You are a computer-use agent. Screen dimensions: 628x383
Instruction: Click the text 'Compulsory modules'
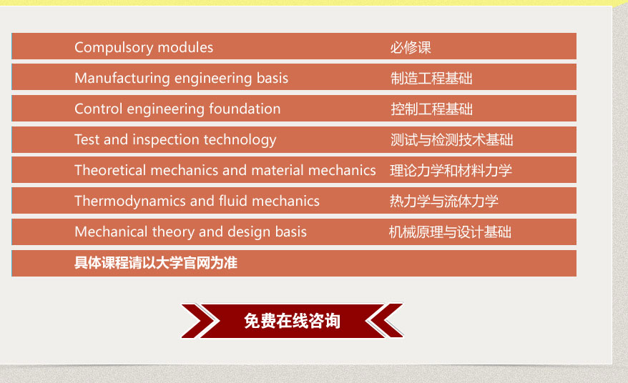[x=144, y=48]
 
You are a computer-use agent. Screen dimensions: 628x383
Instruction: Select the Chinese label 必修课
[x=411, y=48]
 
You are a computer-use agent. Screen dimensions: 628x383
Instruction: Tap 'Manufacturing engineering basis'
[x=182, y=79]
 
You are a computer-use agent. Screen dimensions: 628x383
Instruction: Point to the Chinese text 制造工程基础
[x=431, y=79]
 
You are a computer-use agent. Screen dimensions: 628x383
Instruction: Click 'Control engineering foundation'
[x=177, y=109]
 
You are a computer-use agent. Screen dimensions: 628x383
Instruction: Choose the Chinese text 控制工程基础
[x=431, y=109]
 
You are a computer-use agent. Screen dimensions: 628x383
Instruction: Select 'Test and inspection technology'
[x=175, y=140]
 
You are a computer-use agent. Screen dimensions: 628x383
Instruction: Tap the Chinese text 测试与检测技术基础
[x=451, y=139]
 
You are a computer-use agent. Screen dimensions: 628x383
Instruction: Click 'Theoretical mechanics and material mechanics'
[x=225, y=171]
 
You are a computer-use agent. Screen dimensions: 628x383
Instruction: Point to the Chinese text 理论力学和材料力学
[x=451, y=171]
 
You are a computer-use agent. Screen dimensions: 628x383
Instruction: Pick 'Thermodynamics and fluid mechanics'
[x=197, y=202]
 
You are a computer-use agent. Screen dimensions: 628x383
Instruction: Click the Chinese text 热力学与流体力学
[x=443, y=201]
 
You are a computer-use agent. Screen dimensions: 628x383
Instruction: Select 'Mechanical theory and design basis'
[x=191, y=232]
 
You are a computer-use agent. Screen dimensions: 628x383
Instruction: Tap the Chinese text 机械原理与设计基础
[x=450, y=232]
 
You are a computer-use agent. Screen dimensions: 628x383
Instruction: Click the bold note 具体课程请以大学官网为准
[x=156, y=263]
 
